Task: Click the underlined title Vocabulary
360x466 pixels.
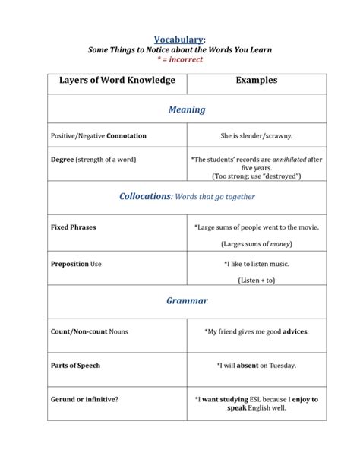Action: point(180,39)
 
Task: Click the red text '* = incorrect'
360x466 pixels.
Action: point(180,59)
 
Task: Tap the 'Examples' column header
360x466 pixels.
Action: point(256,80)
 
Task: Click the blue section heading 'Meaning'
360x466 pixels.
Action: point(186,109)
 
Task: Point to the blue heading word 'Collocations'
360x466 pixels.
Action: point(145,196)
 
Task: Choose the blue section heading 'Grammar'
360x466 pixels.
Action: point(186,300)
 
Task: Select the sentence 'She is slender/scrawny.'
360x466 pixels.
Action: point(256,135)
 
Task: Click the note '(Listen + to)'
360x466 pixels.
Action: point(256,281)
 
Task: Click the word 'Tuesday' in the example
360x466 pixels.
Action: point(281,365)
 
